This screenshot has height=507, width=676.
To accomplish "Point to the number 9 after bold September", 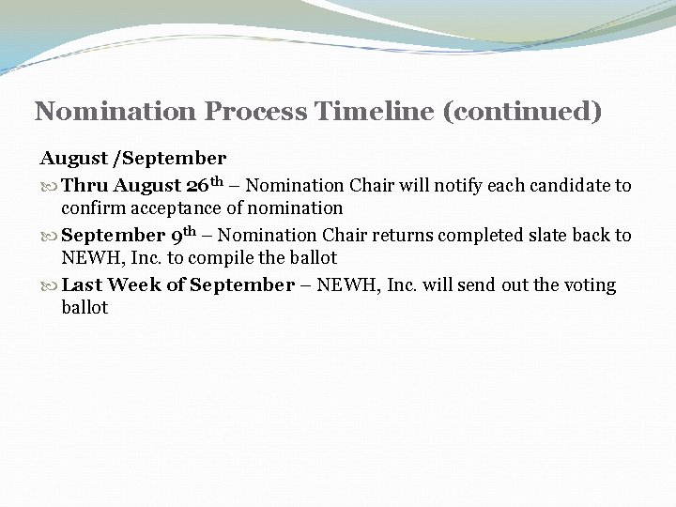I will click(176, 235).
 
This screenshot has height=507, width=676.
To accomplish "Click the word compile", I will click(234, 258).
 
